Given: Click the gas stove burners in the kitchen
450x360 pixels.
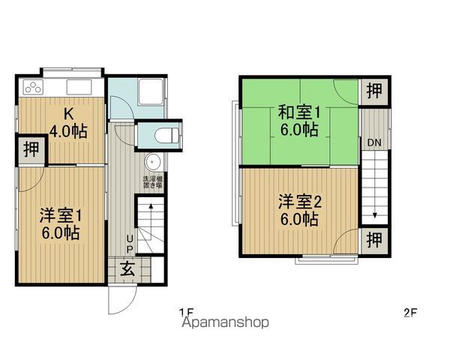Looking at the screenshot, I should (x=33, y=88).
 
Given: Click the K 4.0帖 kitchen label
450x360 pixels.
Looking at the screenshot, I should (x=67, y=123).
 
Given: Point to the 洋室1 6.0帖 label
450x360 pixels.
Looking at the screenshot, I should (x=60, y=223).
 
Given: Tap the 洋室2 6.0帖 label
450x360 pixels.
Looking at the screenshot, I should (x=300, y=210).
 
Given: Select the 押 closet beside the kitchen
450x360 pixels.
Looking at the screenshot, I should (x=29, y=150).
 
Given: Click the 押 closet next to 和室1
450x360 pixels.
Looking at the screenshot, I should (x=373, y=91).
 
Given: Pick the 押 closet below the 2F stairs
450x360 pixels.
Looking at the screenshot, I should (x=373, y=240).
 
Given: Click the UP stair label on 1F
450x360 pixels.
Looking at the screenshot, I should (x=129, y=244).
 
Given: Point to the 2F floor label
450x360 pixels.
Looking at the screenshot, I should (x=409, y=313).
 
